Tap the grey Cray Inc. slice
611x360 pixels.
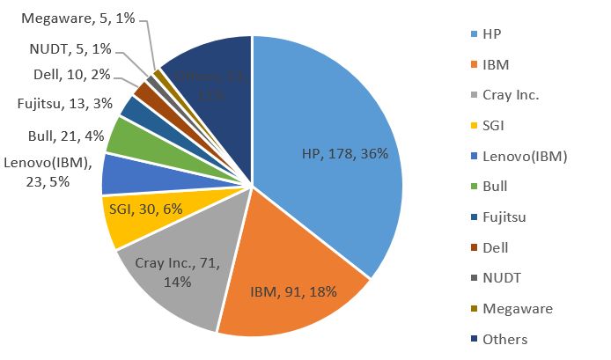coord(176,273)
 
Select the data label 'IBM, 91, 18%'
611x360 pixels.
coord(294,291)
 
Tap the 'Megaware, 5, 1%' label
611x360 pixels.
coord(77,18)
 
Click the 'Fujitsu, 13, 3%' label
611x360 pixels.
coord(65,104)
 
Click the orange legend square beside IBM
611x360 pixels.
coord(474,64)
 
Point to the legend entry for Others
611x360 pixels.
coord(504,340)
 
